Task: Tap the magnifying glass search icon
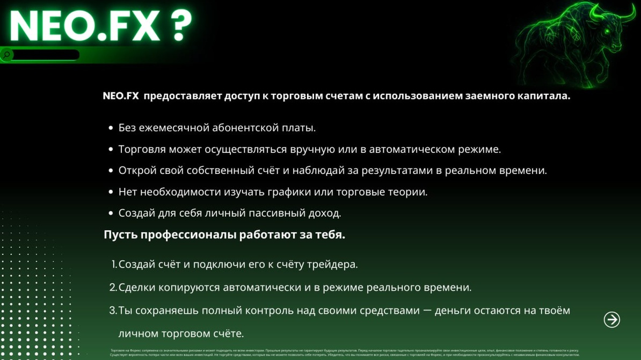coord(7,55)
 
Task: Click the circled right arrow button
coord(611,320)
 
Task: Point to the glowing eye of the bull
coord(607,32)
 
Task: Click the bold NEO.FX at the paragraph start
coord(121,96)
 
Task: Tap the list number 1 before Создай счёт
coord(114,265)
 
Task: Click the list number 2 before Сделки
coord(113,288)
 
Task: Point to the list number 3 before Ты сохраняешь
coord(113,311)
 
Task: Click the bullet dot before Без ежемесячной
coord(111,128)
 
